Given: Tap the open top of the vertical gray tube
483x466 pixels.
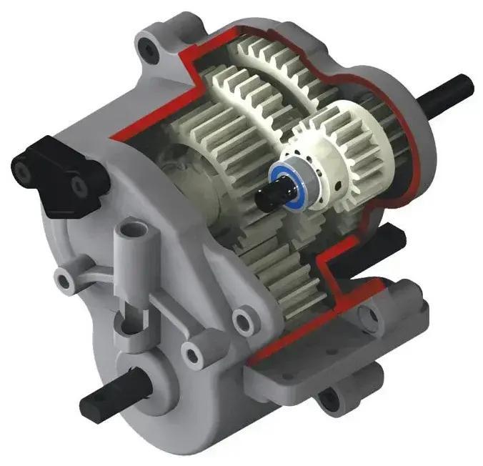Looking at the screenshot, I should (132, 230).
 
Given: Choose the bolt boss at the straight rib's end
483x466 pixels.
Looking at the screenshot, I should (195, 352).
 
